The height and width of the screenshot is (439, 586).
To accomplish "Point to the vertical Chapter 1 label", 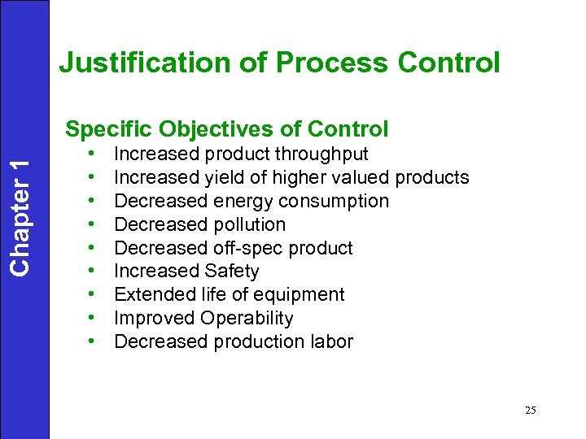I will point(24,214).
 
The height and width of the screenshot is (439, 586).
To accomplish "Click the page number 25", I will point(530,411).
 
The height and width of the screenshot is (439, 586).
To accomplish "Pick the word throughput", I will point(321,154).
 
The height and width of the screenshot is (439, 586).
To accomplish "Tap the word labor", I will point(330,342).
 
